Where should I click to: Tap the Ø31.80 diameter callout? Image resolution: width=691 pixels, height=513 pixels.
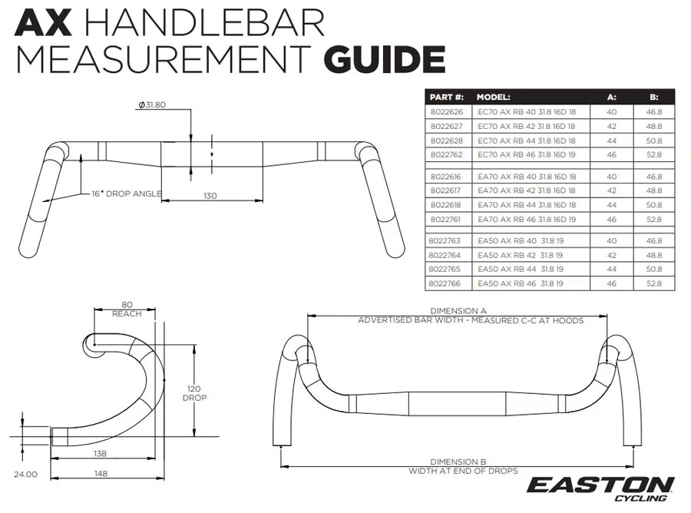[x=151, y=105]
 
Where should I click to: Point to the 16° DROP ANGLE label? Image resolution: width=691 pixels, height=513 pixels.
[x=127, y=194]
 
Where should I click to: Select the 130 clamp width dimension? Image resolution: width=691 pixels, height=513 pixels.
[x=210, y=196]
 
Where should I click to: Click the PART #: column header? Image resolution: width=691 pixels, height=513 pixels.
[x=446, y=97]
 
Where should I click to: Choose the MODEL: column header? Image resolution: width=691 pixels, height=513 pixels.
[x=493, y=97]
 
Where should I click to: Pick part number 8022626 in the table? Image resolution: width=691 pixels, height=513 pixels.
[x=447, y=112]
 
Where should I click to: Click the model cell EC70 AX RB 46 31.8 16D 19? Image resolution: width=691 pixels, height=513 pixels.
[x=527, y=154]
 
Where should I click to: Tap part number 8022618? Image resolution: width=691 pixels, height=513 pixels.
[x=446, y=205]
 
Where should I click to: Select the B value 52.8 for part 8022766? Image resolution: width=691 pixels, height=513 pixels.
[x=654, y=283]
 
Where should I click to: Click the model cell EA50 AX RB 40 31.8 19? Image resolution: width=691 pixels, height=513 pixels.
[x=521, y=241]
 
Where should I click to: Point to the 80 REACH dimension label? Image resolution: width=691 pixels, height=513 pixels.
[x=127, y=309]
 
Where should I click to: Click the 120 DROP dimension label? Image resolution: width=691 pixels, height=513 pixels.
[x=194, y=393]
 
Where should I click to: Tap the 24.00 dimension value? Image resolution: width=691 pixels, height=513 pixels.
[x=25, y=474]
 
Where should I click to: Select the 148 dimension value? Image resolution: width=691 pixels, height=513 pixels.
[x=101, y=473]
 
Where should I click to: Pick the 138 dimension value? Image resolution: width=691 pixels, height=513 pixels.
[x=101, y=454]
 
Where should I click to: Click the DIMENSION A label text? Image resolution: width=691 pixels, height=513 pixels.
[x=458, y=311]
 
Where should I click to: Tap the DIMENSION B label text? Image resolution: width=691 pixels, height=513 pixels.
[x=458, y=462]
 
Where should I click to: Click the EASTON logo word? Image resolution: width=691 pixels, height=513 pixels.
[x=600, y=485]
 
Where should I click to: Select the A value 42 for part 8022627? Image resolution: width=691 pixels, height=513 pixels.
[x=612, y=127]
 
